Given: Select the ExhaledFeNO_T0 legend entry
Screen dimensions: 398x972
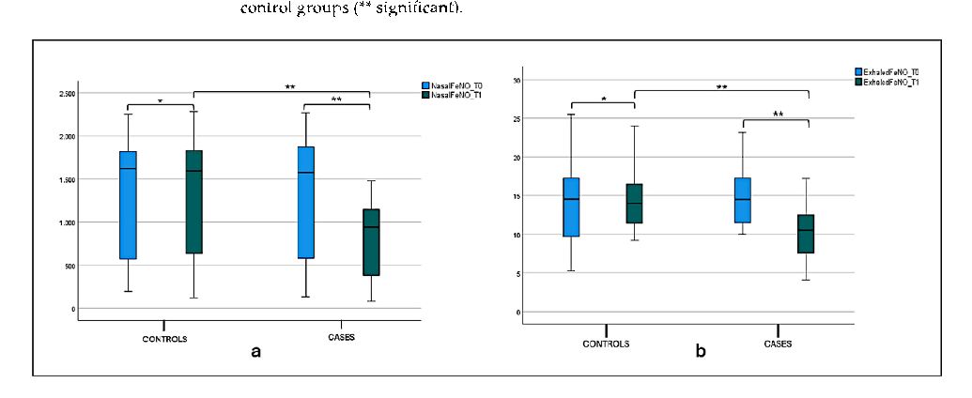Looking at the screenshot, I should (889, 71).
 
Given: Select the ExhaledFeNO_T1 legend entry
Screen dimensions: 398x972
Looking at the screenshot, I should (889, 82).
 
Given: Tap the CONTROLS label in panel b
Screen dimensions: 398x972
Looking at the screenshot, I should (607, 344).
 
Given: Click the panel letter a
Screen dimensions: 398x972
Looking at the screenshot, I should (255, 352).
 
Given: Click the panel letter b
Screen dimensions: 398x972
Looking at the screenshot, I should (700, 352).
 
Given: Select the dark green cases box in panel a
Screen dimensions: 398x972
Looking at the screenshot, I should (370, 242).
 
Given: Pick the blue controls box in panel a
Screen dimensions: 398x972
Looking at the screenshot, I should (128, 205).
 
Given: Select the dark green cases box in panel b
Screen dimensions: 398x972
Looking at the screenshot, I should (806, 234).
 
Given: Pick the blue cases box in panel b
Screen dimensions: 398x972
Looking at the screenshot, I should (743, 200).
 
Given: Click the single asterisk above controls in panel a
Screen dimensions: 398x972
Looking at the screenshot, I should (160, 100).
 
